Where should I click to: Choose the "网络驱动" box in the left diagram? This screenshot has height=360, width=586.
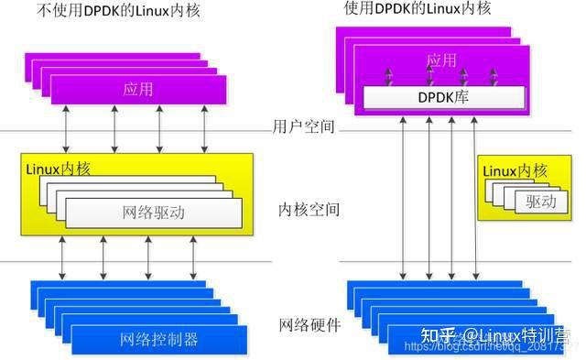pyautogui.click(x=153, y=213)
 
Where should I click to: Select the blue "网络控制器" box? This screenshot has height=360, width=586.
pyautogui.click(x=159, y=340)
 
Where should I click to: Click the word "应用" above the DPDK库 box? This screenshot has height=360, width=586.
pyautogui.click(x=441, y=61)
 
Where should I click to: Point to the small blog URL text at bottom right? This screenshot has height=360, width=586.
pyautogui.click(x=490, y=349)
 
